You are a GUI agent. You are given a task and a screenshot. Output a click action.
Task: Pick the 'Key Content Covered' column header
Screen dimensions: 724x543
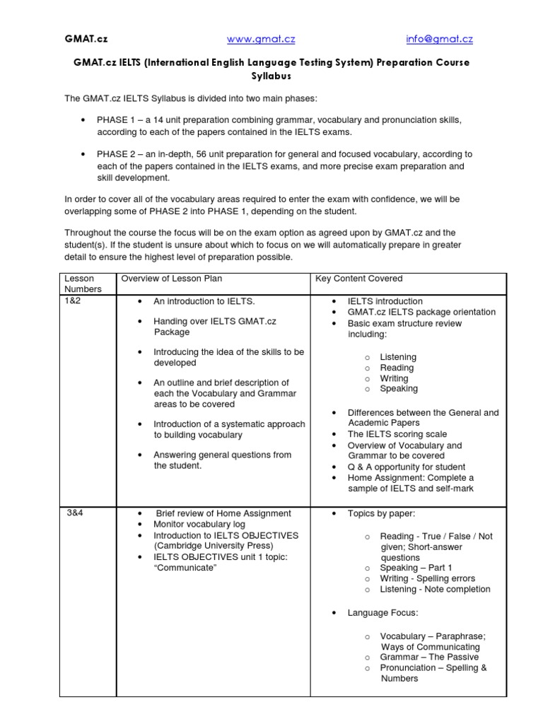pyautogui.click(x=358, y=279)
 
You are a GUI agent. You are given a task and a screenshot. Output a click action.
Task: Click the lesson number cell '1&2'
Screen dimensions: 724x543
pyautogui.click(x=74, y=300)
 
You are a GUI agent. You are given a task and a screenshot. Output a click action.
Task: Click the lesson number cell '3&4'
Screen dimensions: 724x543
pyautogui.click(x=75, y=513)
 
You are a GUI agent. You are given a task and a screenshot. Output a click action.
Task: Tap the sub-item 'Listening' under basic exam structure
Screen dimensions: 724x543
pyautogui.click(x=398, y=357)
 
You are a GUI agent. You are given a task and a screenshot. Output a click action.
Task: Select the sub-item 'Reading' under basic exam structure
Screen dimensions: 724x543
pyautogui.click(x=397, y=368)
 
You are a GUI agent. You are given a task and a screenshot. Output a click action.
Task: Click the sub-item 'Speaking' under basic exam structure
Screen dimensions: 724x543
pyautogui.click(x=399, y=389)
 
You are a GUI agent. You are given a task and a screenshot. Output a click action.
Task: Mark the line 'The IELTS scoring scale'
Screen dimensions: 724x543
pyautogui.click(x=397, y=434)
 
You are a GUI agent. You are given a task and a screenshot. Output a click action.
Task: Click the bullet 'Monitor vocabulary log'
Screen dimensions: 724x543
pyautogui.click(x=199, y=525)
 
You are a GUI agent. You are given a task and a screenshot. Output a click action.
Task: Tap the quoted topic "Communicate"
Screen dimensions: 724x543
pyautogui.click(x=185, y=568)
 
